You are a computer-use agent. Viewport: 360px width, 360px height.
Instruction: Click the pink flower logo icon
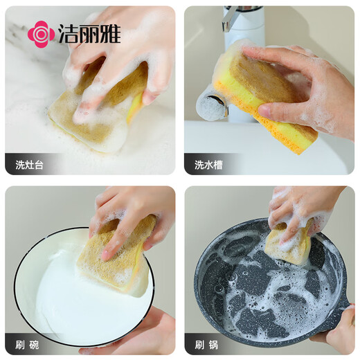tap(41, 34)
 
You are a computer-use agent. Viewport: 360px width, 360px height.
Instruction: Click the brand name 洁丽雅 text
tap(89, 34)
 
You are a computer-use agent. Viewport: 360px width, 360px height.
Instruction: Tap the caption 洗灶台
tap(30, 165)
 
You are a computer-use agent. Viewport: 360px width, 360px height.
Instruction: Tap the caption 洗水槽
tap(208, 165)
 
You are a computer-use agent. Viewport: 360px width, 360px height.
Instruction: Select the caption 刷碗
tap(29, 343)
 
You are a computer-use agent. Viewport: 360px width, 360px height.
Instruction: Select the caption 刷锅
tap(208, 343)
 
